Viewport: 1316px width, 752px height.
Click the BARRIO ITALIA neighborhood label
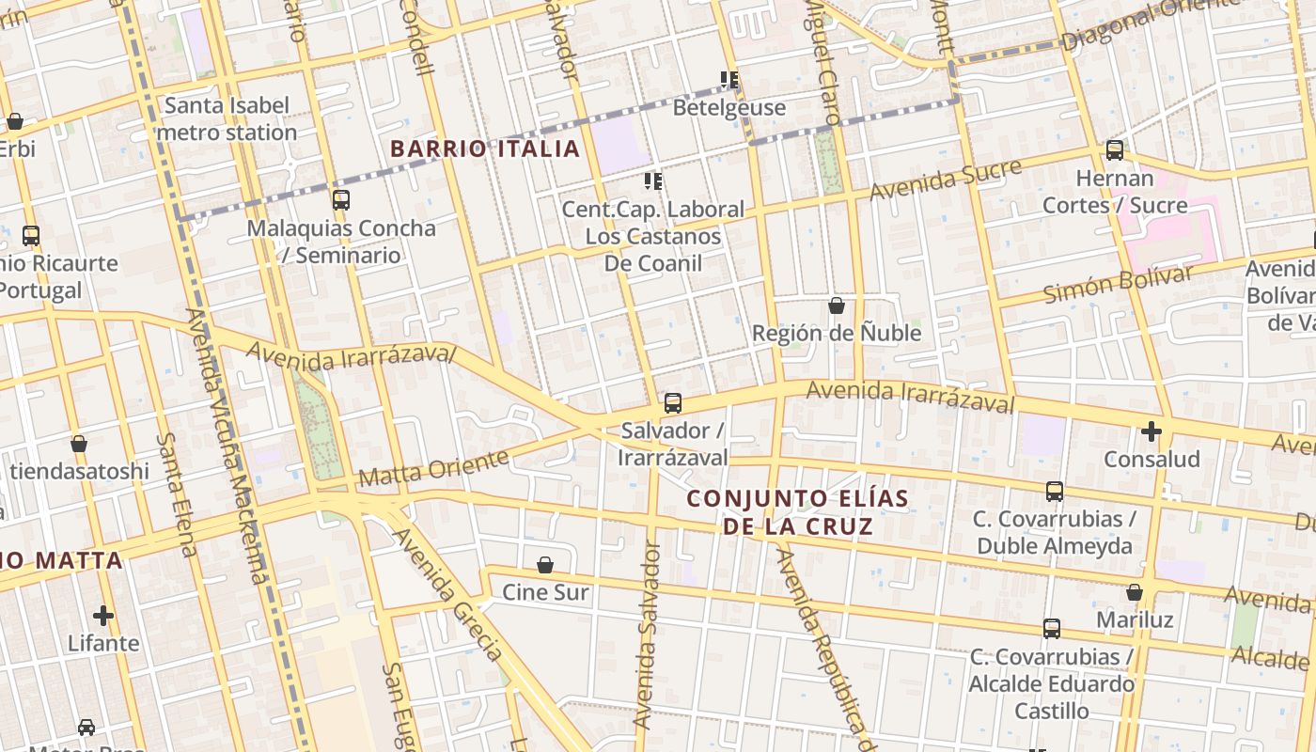pyautogui.click(x=485, y=149)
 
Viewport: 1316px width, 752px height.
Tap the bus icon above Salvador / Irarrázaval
pyautogui.click(x=673, y=403)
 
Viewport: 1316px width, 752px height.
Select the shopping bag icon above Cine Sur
pyautogui.click(x=545, y=565)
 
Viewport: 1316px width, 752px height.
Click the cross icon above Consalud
pyautogui.click(x=1151, y=431)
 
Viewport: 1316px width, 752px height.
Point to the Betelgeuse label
pyautogui.click(x=728, y=107)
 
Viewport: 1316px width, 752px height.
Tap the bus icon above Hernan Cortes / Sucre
pyautogui.click(x=1115, y=149)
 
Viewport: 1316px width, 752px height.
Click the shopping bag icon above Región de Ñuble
pyautogui.click(x=837, y=305)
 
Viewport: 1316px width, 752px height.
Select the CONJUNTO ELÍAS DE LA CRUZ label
pyautogui.click(x=798, y=512)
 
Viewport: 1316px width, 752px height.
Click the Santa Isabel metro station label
pyautogui.click(x=227, y=118)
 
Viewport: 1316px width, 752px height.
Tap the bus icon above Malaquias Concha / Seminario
pyautogui.click(x=341, y=200)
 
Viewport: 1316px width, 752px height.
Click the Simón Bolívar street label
pyautogui.click(x=1118, y=284)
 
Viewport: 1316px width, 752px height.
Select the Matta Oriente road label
pyautogui.click(x=433, y=469)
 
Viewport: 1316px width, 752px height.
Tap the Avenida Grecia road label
pyautogui.click(x=447, y=594)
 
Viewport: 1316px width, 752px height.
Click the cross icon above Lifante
pyautogui.click(x=103, y=616)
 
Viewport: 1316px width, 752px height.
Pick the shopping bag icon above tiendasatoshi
pyautogui.click(x=79, y=444)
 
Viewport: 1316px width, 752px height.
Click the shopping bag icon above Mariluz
pyautogui.click(x=1135, y=592)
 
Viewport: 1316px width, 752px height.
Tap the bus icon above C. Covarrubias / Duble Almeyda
pyautogui.click(x=1055, y=491)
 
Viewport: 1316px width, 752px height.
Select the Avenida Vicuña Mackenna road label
pyautogui.click(x=227, y=446)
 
